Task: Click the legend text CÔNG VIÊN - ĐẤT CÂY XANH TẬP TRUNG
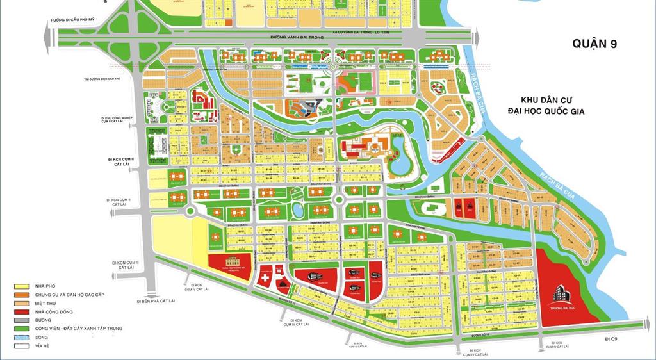[x=70, y=328]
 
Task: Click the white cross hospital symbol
[x=263, y=279]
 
